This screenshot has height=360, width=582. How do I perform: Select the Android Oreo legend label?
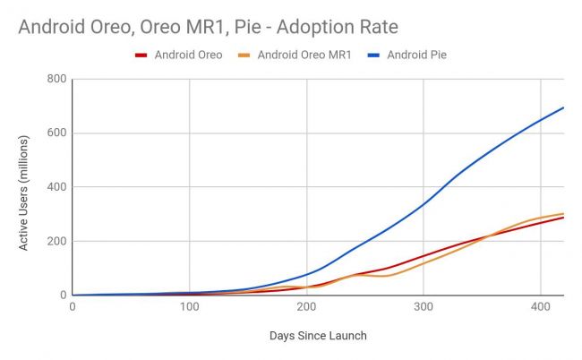tap(189, 55)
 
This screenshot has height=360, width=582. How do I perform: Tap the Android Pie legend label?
tap(416, 55)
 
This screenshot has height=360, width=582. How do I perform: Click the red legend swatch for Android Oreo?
tap(141, 55)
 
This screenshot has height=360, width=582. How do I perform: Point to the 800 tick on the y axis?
tap(55, 80)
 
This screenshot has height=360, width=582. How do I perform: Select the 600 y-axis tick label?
tap(55, 133)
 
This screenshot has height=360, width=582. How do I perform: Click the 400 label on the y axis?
tap(55, 187)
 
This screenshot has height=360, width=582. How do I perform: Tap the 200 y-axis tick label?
tap(55, 241)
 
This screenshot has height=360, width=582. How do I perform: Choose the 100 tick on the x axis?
tap(189, 307)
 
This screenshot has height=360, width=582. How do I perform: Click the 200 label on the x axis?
tap(306, 307)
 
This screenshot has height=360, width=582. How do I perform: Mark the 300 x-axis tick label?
tap(423, 307)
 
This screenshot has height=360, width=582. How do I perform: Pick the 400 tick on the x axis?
tap(540, 307)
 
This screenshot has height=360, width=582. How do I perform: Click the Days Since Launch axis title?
tap(317, 336)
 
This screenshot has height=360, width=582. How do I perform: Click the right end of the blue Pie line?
tap(562, 108)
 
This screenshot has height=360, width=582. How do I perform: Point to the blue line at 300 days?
tap(423, 203)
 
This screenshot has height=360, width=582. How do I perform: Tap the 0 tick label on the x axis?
tap(73, 307)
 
